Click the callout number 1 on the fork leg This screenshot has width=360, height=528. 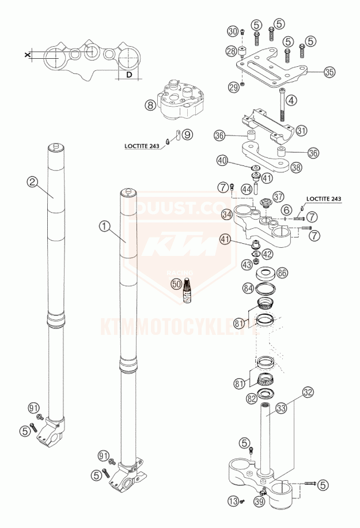click(104, 227)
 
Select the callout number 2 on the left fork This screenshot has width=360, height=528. click(32, 183)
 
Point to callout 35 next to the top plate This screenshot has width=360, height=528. click(329, 73)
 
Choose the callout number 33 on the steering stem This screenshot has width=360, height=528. click(281, 408)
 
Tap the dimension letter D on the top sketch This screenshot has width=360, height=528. click(130, 75)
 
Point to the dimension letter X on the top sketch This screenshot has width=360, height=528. click(27, 54)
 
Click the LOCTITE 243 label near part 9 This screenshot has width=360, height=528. click(142, 146)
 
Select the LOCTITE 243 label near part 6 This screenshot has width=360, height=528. click(324, 199)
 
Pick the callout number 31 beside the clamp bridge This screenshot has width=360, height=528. click(302, 130)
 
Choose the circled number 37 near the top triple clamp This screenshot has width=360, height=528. click(279, 197)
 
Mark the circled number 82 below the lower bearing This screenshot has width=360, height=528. click(252, 398)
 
